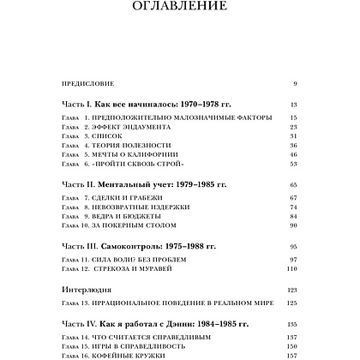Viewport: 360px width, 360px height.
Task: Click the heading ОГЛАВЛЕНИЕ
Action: coord(180,9)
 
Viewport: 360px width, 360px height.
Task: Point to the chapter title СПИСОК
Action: coord(112,136)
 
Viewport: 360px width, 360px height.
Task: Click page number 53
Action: coord(292,166)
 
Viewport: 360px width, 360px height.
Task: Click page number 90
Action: coord(292,237)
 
